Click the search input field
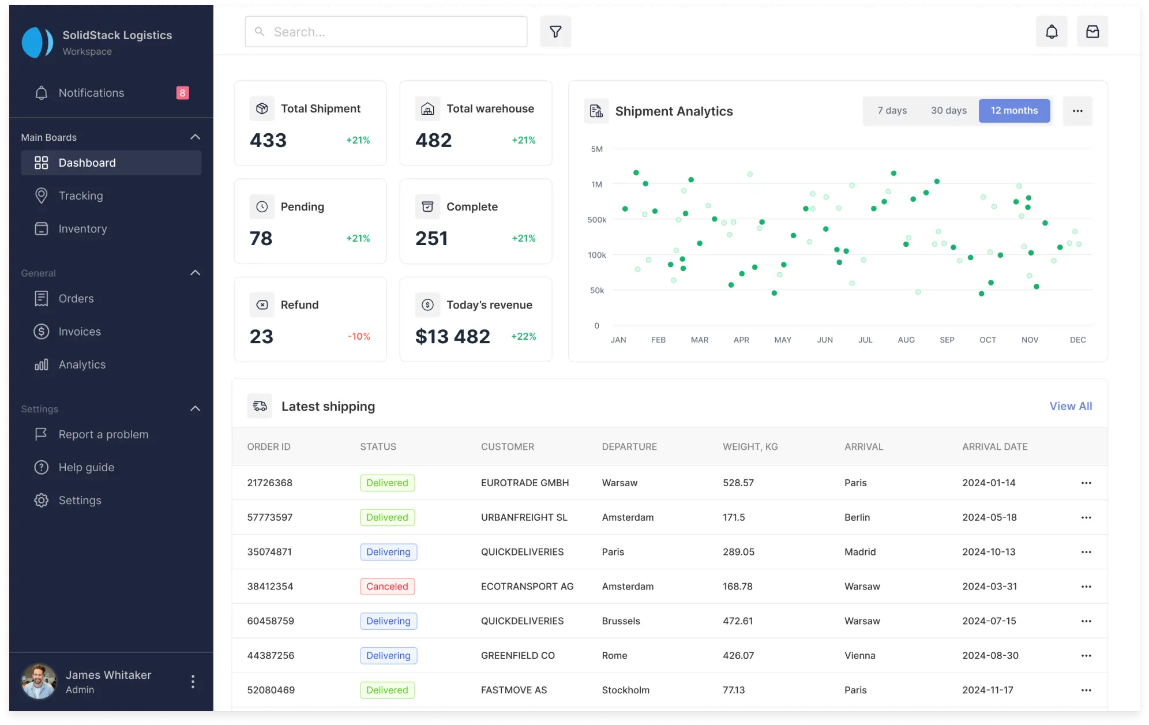(385, 32)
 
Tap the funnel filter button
(555, 32)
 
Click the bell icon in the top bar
(1052, 32)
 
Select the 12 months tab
(1013, 111)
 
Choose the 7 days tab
(892, 111)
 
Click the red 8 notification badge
(182, 93)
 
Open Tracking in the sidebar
(81, 196)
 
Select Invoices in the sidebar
(80, 332)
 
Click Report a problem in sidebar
(103, 434)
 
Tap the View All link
(1070, 406)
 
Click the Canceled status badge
(387, 587)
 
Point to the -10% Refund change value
(359, 336)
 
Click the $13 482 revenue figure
(452, 336)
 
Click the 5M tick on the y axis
(596, 149)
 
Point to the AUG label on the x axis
(906, 340)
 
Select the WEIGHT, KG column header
(750, 446)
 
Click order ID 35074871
(269, 552)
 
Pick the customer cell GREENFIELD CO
(517, 656)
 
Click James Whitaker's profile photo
(39, 681)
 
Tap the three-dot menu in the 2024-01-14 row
(1086, 483)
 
